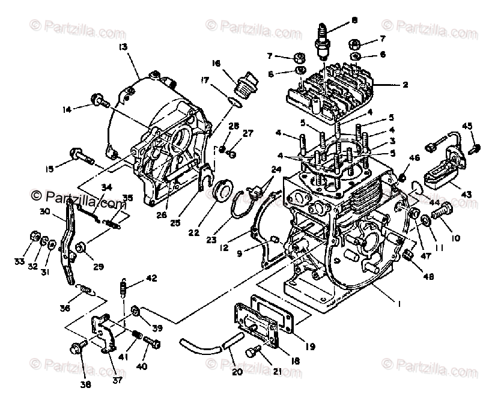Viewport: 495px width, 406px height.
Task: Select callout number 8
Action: point(354,20)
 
